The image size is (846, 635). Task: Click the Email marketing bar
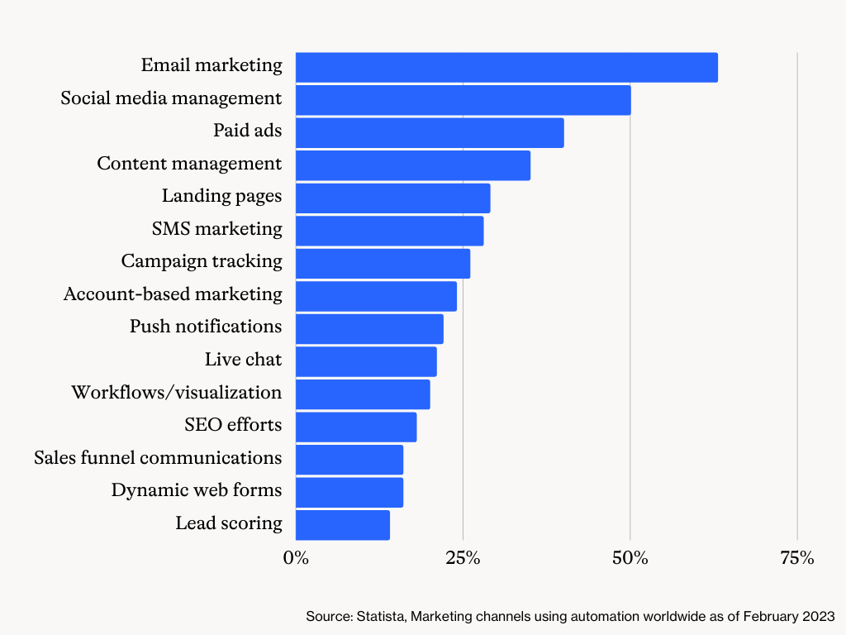[x=506, y=67]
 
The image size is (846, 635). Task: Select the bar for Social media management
[x=463, y=99]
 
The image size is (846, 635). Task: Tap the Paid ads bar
[x=429, y=132]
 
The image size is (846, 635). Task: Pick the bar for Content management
[x=412, y=165]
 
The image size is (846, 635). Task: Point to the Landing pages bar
[x=392, y=198]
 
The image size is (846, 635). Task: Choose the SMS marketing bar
[x=389, y=231]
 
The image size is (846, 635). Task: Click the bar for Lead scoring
[x=342, y=524]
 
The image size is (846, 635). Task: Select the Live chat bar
[x=365, y=361]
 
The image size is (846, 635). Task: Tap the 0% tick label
[x=296, y=558]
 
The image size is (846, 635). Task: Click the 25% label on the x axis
[x=463, y=558]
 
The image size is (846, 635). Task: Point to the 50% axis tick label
[x=630, y=558]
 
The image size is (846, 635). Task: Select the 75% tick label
[x=796, y=558]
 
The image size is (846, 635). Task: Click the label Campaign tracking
[x=202, y=261]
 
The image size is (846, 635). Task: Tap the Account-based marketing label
[x=173, y=294]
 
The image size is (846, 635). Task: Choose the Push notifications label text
[x=206, y=327]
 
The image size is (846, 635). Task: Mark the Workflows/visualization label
[x=176, y=392]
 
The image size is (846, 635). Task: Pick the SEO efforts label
[x=233, y=425]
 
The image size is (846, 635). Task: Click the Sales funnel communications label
[x=158, y=457]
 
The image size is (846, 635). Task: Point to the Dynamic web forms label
[x=197, y=490]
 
